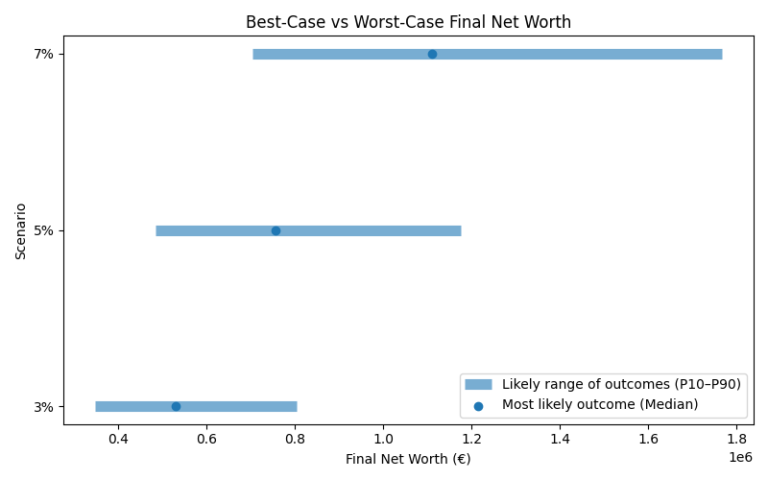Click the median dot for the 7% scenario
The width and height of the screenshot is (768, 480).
[x=432, y=54]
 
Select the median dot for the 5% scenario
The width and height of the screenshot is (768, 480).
[x=276, y=230]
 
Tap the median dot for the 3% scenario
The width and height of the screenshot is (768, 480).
[x=176, y=406]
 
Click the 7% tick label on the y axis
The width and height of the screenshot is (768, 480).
[x=43, y=54]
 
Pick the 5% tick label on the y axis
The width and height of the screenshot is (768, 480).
[x=43, y=230]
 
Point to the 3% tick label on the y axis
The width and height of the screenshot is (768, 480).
[x=43, y=406]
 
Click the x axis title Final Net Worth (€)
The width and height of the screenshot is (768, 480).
[x=408, y=459]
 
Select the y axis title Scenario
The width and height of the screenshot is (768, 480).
[x=20, y=230]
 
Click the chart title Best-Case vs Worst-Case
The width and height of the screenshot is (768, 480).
[x=408, y=22]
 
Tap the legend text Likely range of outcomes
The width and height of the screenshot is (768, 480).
[x=621, y=384]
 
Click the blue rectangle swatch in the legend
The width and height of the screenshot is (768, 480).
[x=478, y=384]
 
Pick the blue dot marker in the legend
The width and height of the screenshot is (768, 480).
[x=478, y=406]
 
